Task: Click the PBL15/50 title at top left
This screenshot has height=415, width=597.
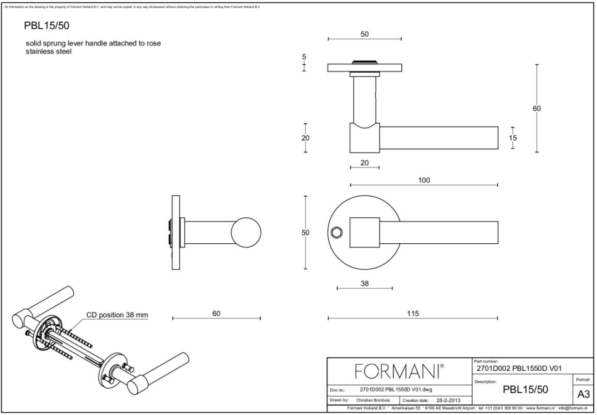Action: pyautogui.click(x=47, y=26)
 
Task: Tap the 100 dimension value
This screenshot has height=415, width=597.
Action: pyautogui.click(x=424, y=180)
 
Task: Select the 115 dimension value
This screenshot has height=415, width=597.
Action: pyautogui.click(x=412, y=313)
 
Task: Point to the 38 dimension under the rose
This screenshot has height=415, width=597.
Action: pyautogui.click(x=364, y=283)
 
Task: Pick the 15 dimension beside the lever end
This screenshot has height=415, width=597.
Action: pyautogui.click(x=513, y=137)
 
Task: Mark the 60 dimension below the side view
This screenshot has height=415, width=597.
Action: pyautogui.click(x=216, y=313)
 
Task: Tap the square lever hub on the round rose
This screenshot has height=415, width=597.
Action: pyautogui.click(x=364, y=233)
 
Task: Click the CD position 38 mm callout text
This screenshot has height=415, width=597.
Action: pyautogui.click(x=117, y=315)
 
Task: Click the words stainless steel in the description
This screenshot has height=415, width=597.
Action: pyautogui.click(x=49, y=52)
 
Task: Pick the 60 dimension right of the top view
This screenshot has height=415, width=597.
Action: pyautogui.click(x=536, y=109)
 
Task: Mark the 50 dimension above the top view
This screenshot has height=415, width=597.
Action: pyautogui.click(x=364, y=34)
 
